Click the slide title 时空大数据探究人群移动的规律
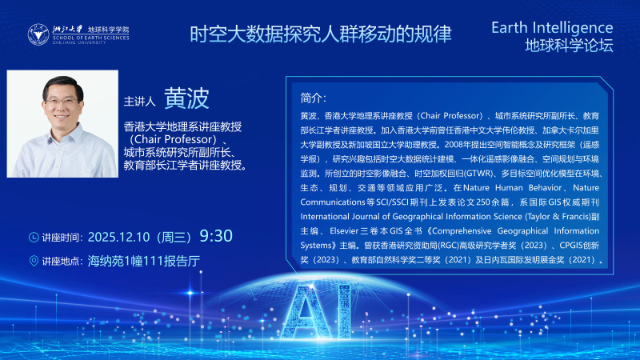click(320, 34)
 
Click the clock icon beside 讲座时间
click(34, 237)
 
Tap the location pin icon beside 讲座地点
click(34, 261)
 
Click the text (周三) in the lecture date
click(174, 237)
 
